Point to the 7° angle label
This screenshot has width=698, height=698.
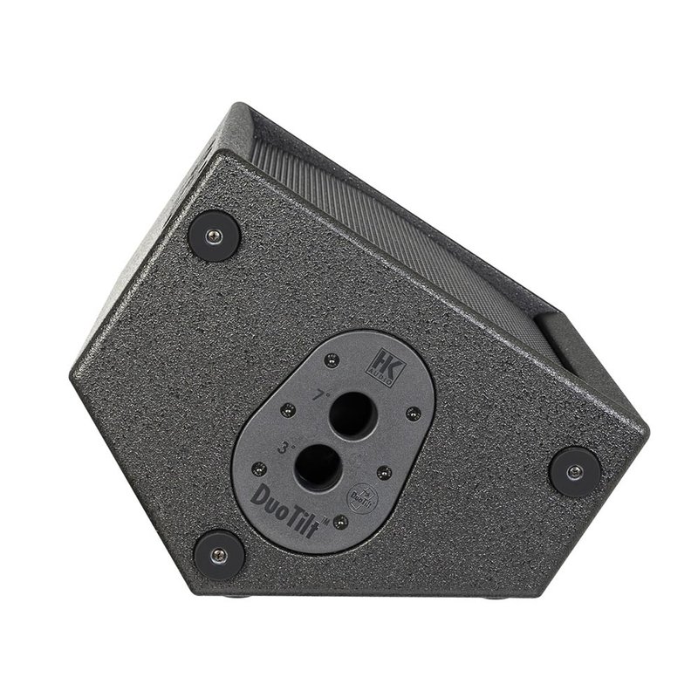(x=322, y=395)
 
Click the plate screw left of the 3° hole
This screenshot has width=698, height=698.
(x=258, y=464)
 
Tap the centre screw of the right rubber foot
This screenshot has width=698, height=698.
(x=574, y=471)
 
